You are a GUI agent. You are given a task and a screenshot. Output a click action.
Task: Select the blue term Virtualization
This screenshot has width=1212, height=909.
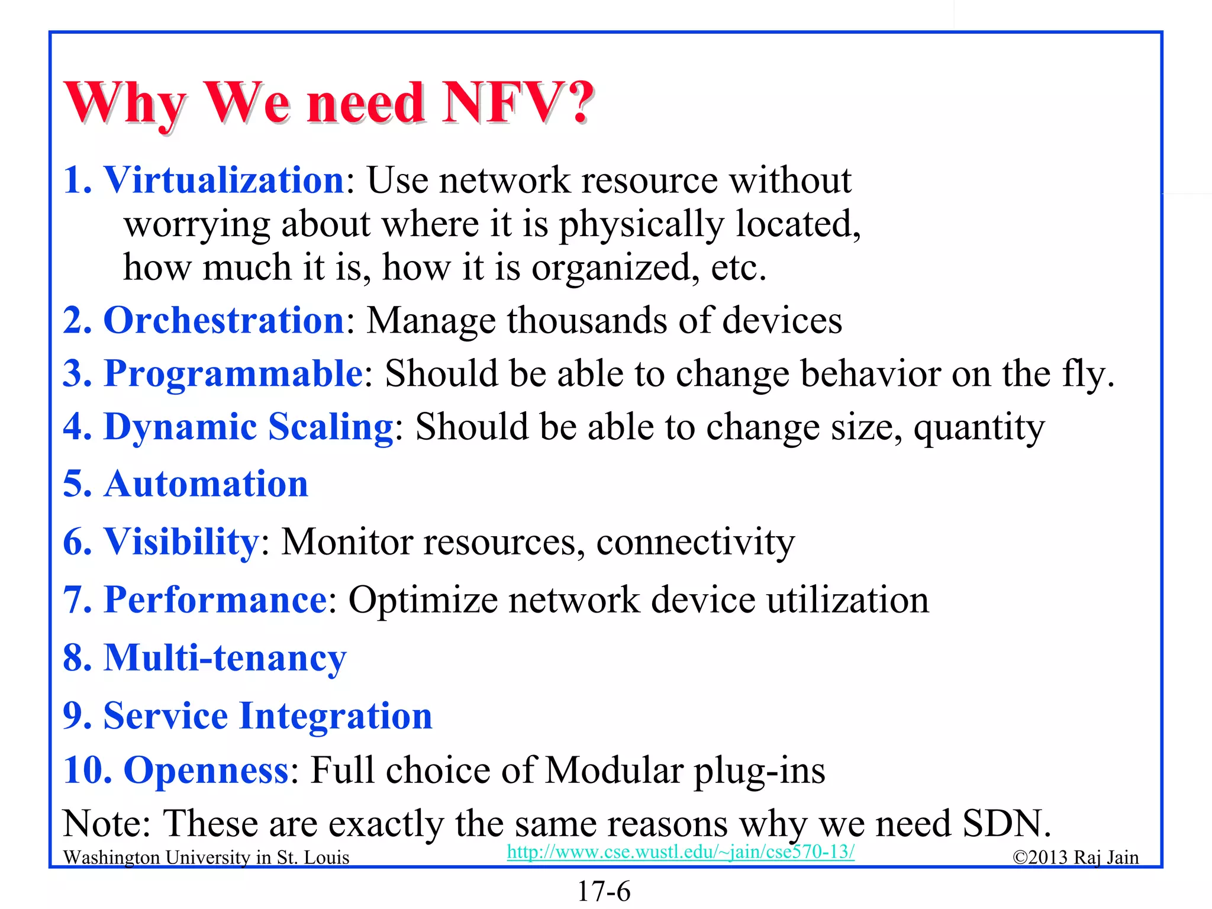(224, 180)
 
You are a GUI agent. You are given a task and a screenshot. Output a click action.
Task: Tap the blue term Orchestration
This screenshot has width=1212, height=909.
(224, 320)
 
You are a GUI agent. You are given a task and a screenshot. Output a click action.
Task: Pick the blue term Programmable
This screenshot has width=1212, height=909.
(233, 373)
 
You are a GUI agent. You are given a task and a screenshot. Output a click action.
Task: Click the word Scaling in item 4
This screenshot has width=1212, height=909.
(331, 427)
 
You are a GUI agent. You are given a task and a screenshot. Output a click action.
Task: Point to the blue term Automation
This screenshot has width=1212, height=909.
(206, 484)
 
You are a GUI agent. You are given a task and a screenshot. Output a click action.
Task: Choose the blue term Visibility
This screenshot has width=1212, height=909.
(181, 541)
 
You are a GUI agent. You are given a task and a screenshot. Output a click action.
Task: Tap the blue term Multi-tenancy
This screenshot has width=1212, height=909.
(225, 657)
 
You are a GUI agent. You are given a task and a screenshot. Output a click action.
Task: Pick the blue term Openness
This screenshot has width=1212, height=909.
(206, 770)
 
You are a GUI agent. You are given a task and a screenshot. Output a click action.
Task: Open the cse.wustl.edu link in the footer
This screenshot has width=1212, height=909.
(681, 852)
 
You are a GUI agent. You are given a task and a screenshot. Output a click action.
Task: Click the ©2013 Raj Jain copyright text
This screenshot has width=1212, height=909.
(1075, 858)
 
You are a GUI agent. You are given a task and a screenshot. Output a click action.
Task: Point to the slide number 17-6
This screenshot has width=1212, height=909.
(604, 891)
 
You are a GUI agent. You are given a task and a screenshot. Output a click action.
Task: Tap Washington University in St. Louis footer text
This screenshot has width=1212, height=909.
(206, 858)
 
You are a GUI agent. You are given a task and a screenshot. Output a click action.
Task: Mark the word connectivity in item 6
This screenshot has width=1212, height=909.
(695, 541)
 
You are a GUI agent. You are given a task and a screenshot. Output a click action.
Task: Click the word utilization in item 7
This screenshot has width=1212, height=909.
(847, 599)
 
